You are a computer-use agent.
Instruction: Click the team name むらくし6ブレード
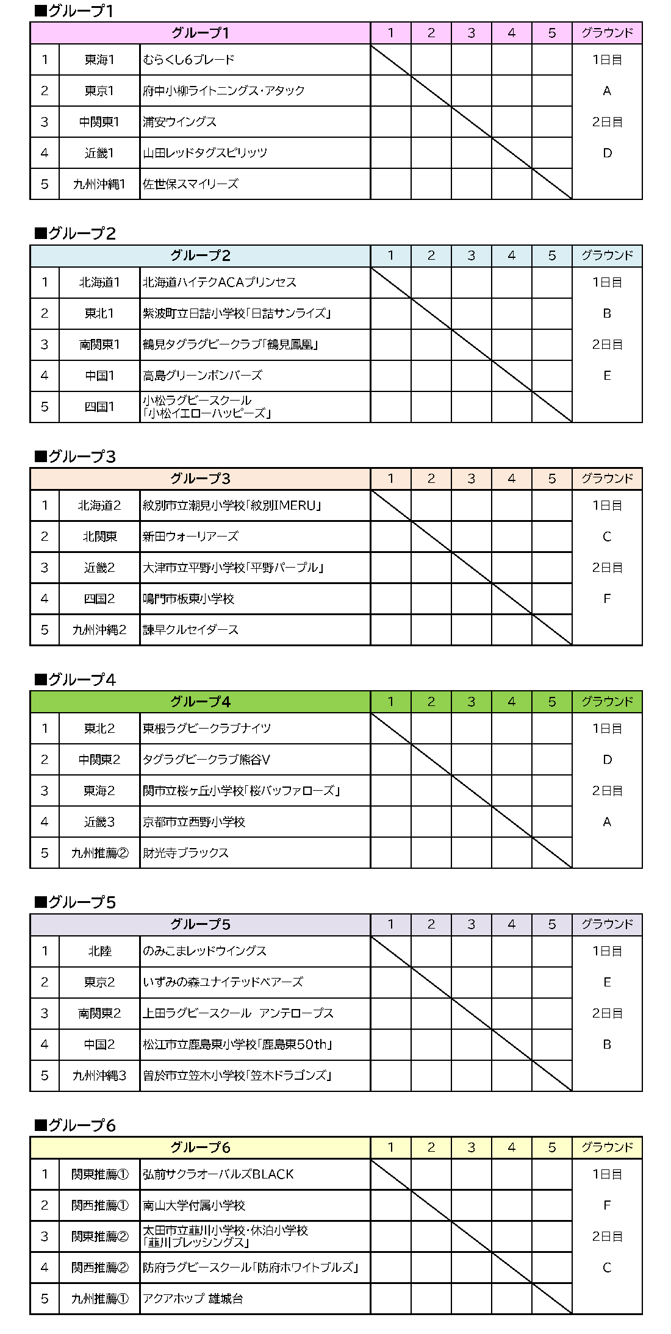[x=188, y=60]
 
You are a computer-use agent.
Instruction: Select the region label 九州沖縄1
[x=99, y=184]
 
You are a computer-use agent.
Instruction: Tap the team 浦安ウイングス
[x=179, y=122]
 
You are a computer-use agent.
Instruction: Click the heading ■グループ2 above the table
[x=75, y=234]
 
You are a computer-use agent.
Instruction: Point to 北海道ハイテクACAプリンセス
[x=219, y=282]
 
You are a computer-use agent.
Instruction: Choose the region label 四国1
[x=99, y=407]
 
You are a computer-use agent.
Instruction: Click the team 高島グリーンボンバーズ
[x=202, y=376]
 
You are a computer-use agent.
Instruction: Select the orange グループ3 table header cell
[x=200, y=479]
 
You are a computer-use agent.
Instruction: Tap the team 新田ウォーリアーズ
[x=190, y=537]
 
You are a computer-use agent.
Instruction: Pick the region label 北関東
[x=99, y=537]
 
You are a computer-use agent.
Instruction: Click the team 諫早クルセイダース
[x=190, y=630]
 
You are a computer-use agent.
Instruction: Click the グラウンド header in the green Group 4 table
[x=607, y=702]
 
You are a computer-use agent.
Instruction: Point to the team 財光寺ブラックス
[x=185, y=853]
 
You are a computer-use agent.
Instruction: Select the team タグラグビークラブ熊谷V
[x=206, y=760]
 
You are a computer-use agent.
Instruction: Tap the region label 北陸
[x=99, y=951]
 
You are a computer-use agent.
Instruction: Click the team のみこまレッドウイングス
[x=204, y=951]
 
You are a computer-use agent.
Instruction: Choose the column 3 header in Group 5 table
[x=471, y=924]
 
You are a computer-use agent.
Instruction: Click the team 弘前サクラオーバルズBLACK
[x=218, y=1174]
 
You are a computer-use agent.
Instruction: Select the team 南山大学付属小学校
[x=194, y=1205]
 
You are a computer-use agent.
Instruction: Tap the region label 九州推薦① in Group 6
[x=99, y=1299]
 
